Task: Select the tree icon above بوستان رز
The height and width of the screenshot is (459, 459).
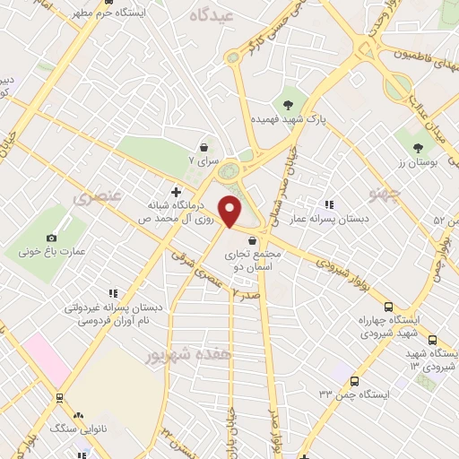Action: [x=418, y=147]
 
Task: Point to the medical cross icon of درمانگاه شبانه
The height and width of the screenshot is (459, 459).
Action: [x=176, y=192]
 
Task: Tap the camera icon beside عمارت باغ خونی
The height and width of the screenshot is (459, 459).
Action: [x=51, y=238]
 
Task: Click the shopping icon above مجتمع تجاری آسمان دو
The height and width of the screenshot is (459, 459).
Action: [x=255, y=240]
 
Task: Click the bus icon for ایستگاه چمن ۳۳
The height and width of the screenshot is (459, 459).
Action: [x=354, y=381]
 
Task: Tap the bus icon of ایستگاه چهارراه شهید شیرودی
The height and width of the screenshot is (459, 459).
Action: [x=388, y=306]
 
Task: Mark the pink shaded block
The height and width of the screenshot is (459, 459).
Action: [x=46, y=359]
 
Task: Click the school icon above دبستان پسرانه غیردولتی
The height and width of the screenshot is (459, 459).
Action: [x=113, y=292]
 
